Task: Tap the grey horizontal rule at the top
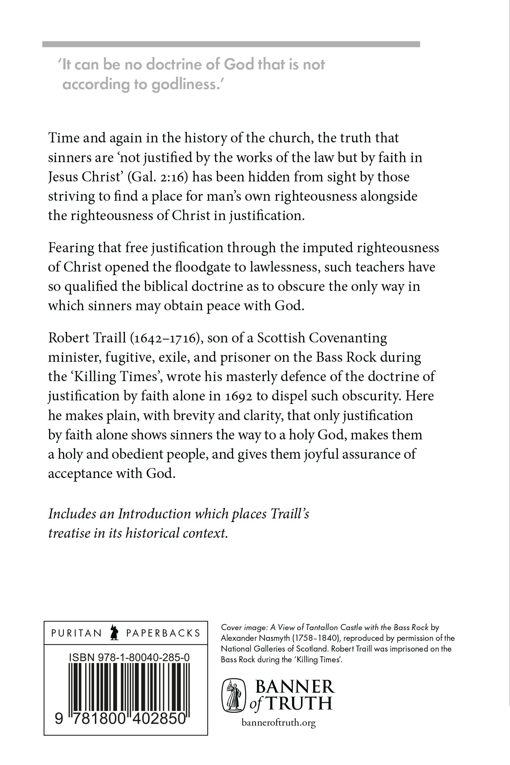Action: [231, 44]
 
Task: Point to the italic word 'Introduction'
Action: [154, 514]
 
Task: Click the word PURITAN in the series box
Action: [77, 633]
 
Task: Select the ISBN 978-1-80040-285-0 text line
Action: [128, 657]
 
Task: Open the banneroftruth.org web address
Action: [278, 723]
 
